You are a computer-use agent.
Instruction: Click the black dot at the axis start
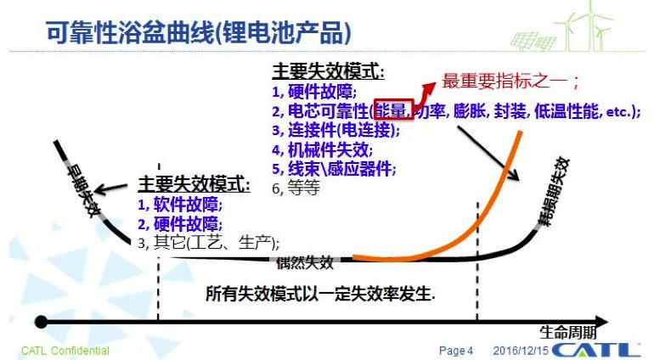point(40,322)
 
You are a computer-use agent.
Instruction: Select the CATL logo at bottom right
point(595,349)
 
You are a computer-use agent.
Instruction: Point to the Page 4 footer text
point(455,350)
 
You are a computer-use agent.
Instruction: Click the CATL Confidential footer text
point(65,350)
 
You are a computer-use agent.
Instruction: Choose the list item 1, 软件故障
point(179,205)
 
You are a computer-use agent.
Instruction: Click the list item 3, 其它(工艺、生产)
point(208,242)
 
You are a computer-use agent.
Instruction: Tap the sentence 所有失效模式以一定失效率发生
point(320,293)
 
